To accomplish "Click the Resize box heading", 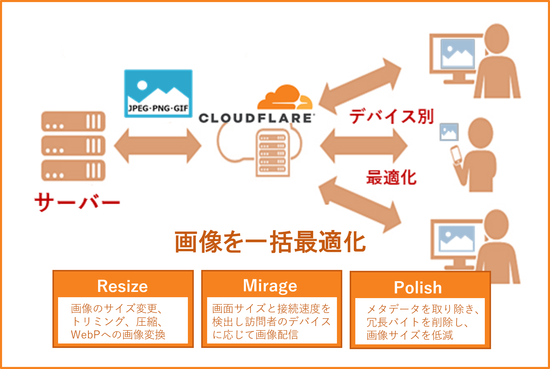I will tap(122, 286).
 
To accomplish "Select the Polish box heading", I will tap(418, 287).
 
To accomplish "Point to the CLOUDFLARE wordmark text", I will tap(255, 118).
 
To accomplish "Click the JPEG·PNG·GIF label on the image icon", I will tap(158, 109).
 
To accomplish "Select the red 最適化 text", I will tap(391, 178).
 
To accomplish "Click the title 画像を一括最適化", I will tap(270, 242).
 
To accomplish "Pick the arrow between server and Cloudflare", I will tap(158, 146).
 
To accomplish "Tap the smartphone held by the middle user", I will tap(456, 154).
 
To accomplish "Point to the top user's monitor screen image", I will tap(457, 54).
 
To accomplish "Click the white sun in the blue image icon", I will tap(142, 85).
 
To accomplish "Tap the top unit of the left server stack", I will tap(73, 121).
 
